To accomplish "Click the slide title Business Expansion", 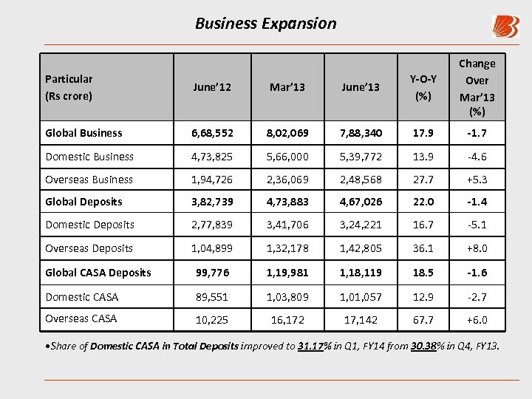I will [265, 23].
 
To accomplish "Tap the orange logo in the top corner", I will [505, 27].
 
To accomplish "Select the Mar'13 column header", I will [287, 87].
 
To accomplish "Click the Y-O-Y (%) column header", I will [423, 87].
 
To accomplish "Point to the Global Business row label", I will [83, 133].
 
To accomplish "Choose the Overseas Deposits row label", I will [89, 248].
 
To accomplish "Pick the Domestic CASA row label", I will [81, 297].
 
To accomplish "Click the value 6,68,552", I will [213, 133].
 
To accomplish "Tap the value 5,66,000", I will [287, 157].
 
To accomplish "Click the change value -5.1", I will [477, 225].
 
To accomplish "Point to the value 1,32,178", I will [287, 248].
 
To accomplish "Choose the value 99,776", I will [213, 273].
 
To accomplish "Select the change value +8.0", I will [477, 248].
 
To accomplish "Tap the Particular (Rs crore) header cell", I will [69, 87].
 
